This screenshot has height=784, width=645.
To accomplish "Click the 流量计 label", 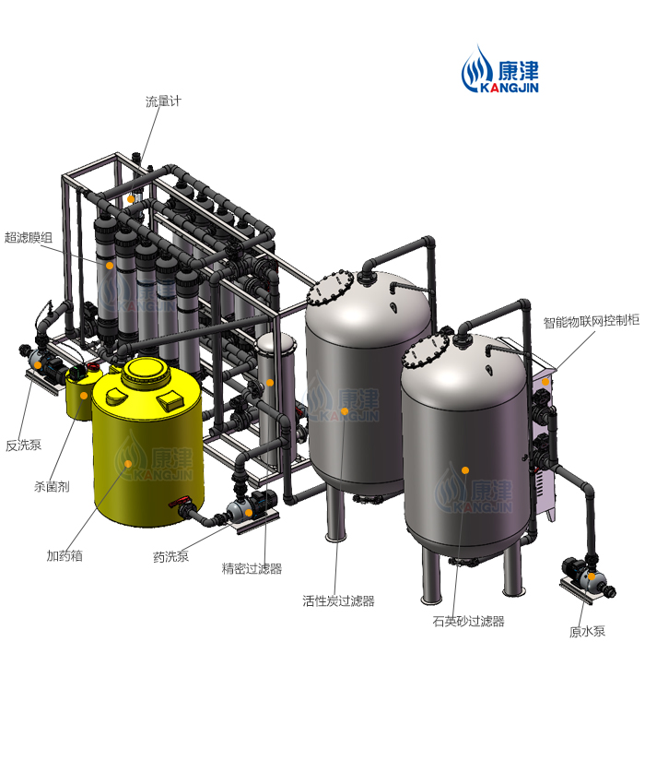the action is point(163,101).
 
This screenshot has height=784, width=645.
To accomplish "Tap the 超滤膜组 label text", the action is point(29,237).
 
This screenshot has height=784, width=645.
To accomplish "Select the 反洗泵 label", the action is point(23,445).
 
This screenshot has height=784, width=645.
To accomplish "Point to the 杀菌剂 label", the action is point(52,486).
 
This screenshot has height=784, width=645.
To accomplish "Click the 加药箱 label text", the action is point(64,555).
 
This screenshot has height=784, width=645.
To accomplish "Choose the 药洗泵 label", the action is point(170,556).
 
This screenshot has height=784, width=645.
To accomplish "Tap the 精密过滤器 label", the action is point(252,568).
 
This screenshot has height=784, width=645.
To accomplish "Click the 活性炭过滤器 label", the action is point(338,600).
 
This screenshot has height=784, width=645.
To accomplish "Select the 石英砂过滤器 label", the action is point(468,621).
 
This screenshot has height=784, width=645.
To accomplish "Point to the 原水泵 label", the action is point(587,631).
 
